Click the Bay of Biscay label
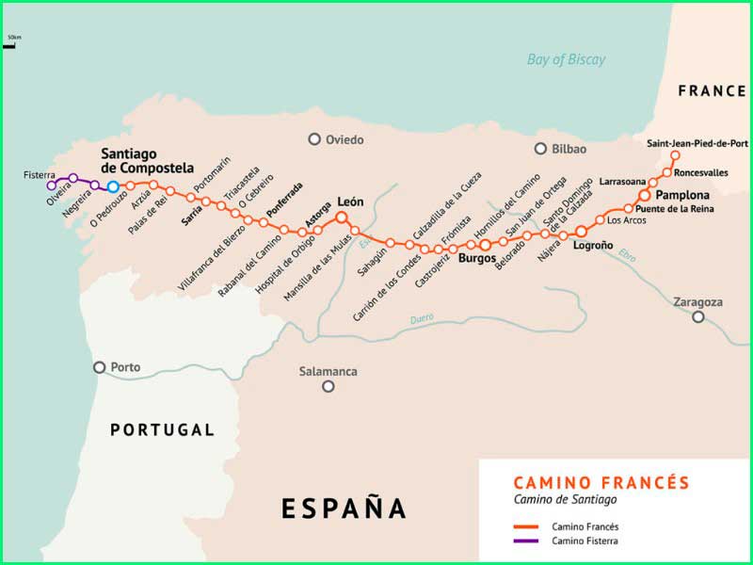[x=566, y=59]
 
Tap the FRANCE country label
[x=712, y=91]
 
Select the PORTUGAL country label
[x=162, y=429]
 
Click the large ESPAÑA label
[x=344, y=508]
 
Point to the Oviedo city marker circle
[x=314, y=139]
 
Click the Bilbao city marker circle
[x=540, y=149]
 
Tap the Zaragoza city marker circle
[x=698, y=317]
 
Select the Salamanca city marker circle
[x=328, y=386]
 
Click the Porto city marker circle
[x=100, y=367]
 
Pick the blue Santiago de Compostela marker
[x=113, y=186]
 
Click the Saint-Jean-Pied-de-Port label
[x=697, y=143]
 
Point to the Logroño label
[x=593, y=245]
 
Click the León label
[x=350, y=202]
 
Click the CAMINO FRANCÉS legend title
[x=601, y=482]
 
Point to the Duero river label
[x=422, y=318]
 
